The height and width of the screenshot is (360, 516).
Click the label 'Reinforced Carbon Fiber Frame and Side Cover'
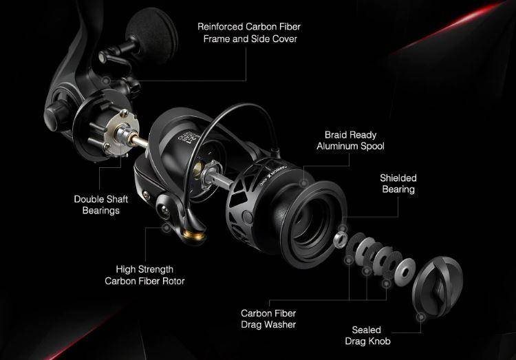click(249, 32)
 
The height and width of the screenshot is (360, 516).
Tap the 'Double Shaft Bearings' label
click(101, 204)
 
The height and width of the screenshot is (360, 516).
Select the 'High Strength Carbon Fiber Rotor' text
click(144, 275)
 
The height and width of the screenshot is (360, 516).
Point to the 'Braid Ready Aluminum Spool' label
click(350, 140)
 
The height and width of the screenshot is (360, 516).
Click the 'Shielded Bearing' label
click(398, 184)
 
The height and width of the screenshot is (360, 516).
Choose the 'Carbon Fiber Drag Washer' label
click(268, 319)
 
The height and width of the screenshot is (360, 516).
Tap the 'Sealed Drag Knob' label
click(367, 335)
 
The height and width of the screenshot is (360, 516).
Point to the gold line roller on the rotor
click(194, 235)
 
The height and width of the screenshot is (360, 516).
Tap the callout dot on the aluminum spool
click(303, 182)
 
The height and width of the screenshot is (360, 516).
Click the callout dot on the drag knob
click(421, 317)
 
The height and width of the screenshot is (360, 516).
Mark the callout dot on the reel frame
click(106, 81)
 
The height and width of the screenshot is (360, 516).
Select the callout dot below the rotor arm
click(166, 228)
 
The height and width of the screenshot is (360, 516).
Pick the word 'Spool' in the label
click(372, 146)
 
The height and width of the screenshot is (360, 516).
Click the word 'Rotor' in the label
click(173, 281)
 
